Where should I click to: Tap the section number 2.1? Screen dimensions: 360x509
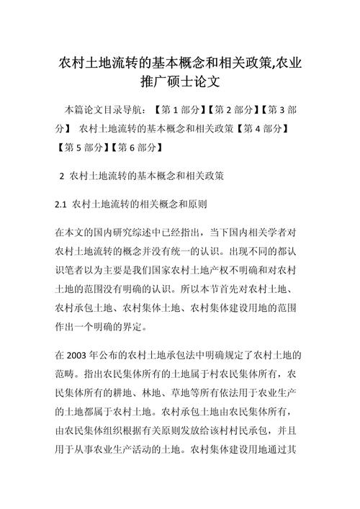pyautogui.click(x=60, y=204)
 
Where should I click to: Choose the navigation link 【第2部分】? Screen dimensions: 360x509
pyautogui.click(x=234, y=110)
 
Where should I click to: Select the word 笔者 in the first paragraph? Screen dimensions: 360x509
pyautogui.click(x=81, y=270)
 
